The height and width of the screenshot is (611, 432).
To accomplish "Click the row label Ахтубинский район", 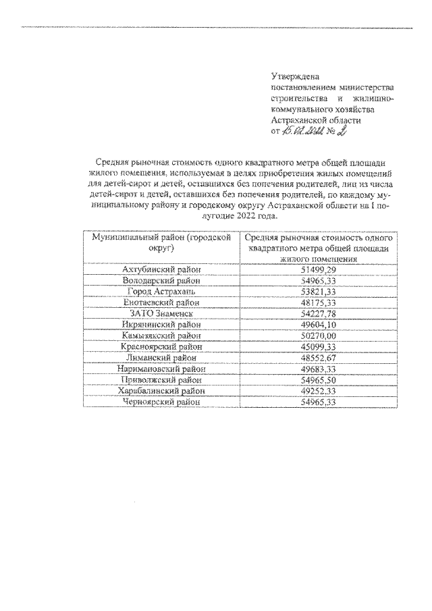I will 161,270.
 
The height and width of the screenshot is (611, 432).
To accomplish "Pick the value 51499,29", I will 318,270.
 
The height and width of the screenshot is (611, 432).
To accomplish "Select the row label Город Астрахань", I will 161,292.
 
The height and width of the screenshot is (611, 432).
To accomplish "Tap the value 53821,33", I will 318,292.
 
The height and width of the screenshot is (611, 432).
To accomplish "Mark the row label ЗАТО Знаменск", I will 161,314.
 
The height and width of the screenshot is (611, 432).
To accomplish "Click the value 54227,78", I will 318,314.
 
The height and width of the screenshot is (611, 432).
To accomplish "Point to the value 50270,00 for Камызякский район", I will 318,336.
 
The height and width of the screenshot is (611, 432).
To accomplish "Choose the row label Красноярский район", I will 161,347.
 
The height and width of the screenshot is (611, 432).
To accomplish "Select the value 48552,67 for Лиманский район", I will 318,358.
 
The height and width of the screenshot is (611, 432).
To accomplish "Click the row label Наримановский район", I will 161,369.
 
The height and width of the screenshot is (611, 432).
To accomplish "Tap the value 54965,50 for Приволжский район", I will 318,380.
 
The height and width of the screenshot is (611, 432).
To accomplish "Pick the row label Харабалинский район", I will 161,391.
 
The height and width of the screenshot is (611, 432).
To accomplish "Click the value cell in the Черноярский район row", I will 318,402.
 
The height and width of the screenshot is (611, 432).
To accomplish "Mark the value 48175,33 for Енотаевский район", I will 318,303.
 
